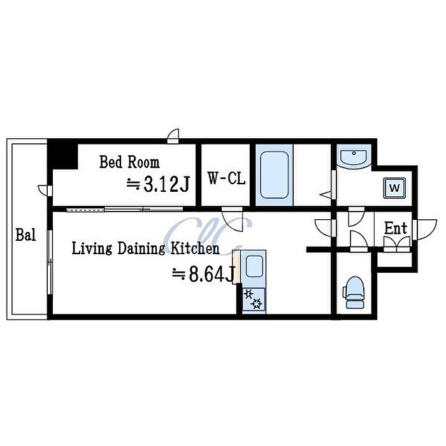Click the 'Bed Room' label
pos(129,162)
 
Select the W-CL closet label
pos(226,178)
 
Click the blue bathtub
pos(274,175)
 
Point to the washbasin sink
pos(354,157)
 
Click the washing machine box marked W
pos(394,188)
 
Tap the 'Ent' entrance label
pos(396,228)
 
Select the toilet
pos(354,292)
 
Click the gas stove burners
pos(254,300)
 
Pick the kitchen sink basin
pos(254,266)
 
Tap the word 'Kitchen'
pos(195,248)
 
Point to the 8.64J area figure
pos(203,274)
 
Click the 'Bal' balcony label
pos(26,235)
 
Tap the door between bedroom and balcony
pos(45,191)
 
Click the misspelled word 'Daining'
pos(141,249)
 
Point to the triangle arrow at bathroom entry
pos(326,195)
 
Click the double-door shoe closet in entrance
pos(397,244)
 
